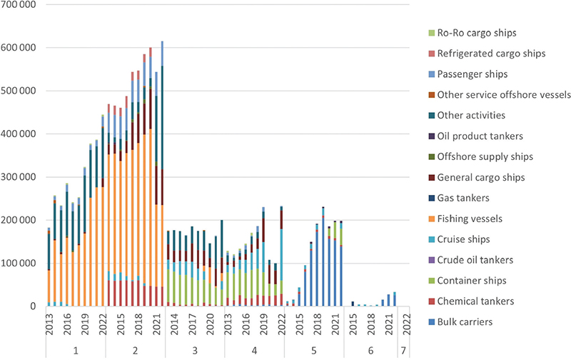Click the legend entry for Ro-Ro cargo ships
(x=476, y=33)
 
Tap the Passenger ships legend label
(x=472, y=74)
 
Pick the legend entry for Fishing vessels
(x=470, y=219)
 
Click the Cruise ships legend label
(x=465, y=239)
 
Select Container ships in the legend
(x=473, y=281)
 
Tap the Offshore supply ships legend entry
(x=485, y=156)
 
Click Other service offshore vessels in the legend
(x=504, y=95)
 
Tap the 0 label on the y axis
(x=35, y=306)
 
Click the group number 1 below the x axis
(x=75, y=350)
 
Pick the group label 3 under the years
(x=194, y=350)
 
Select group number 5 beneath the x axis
(x=313, y=350)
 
